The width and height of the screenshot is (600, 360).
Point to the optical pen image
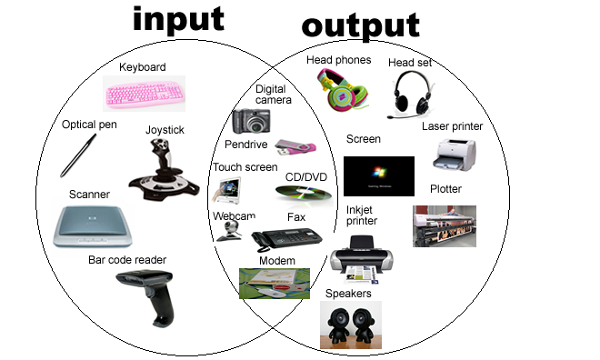click(x=78, y=155)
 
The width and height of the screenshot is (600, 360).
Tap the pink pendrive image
click(x=295, y=145)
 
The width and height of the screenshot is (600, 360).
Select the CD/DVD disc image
click(x=303, y=192)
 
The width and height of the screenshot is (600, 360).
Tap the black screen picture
click(x=378, y=175)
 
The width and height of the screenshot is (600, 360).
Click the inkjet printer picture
click(x=364, y=258)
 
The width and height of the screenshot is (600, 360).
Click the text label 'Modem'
click(x=276, y=261)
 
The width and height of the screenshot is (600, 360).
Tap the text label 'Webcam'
click(x=234, y=216)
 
